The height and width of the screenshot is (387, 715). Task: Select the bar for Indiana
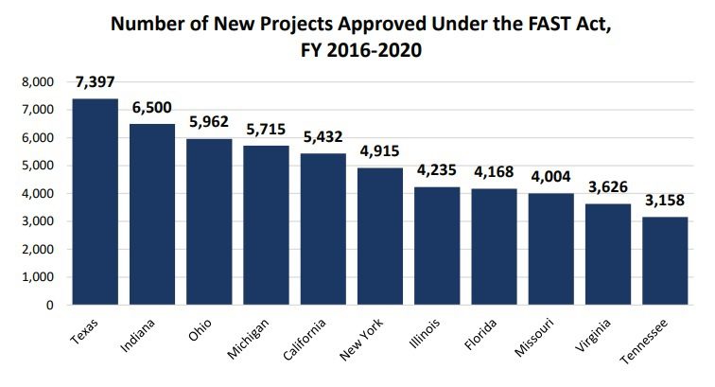(152, 215)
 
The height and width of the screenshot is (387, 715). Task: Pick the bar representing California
(323, 229)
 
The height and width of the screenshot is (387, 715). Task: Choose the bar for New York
(380, 237)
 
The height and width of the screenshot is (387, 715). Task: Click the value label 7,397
(96, 83)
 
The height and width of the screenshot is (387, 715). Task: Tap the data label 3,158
(665, 202)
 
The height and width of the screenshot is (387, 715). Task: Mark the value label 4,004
(551, 177)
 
